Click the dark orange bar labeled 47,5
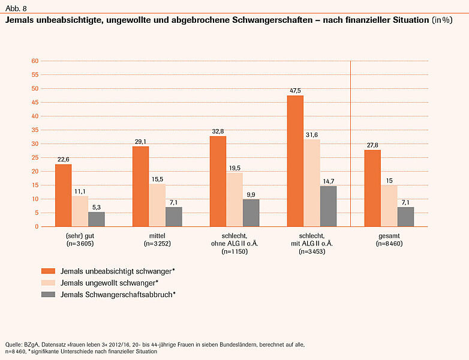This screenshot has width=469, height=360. click(296, 161)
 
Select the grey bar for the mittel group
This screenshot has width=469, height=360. click(174, 217)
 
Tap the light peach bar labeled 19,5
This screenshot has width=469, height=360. click(235, 199)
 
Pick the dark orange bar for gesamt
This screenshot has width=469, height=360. click(372, 188)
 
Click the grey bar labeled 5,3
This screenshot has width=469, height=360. click(97, 219)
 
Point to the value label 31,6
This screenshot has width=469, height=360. click(312, 134)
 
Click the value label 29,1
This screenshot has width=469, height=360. click(141, 142)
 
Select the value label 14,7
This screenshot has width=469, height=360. click(329, 181)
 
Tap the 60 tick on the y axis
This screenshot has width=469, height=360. click(35, 61)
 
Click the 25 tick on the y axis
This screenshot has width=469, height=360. click(35, 157)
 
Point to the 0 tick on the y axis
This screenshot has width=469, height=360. click(37, 226)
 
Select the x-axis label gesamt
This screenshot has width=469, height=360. click(389, 236)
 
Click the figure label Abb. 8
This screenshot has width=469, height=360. click(16, 8)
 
